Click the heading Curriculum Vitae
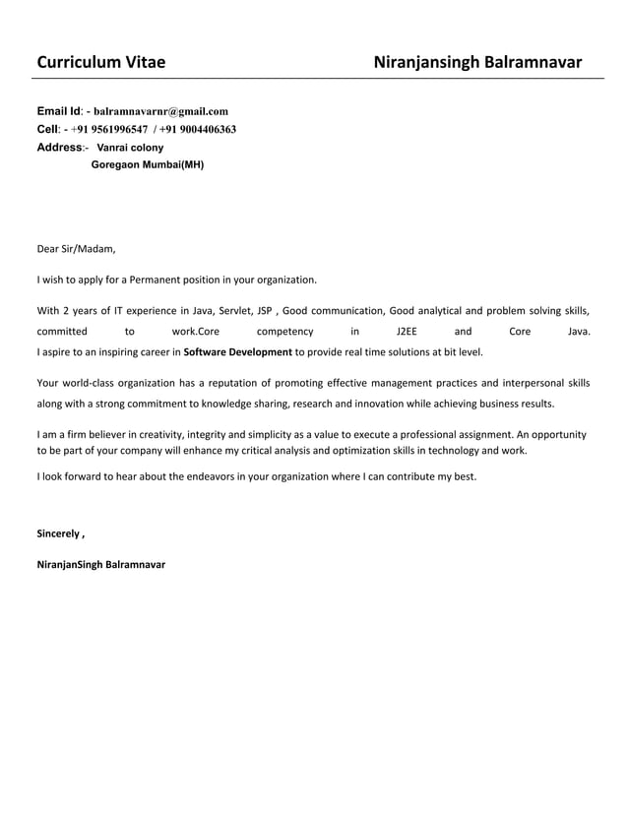coord(100,63)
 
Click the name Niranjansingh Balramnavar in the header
coord(477,63)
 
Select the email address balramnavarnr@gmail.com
coord(160,111)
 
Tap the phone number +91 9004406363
coord(197,129)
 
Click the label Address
coord(59,147)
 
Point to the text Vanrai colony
coord(130,147)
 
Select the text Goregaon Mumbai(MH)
coord(147,164)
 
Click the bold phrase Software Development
coord(237,351)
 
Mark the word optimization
coord(375,450)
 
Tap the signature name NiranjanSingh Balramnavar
coord(100,564)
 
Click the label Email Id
coord(59,111)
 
